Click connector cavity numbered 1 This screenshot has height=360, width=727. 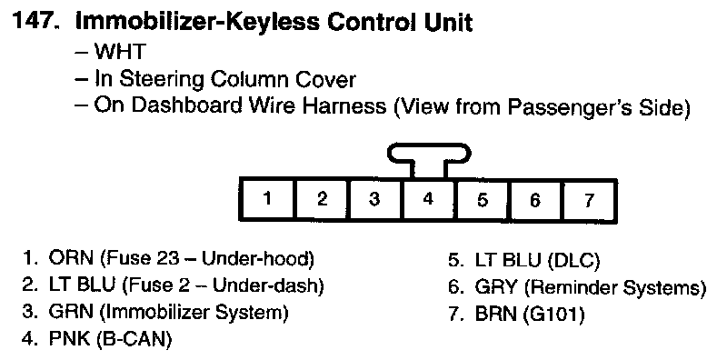[x=267, y=199]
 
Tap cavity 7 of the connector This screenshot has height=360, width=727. [x=590, y=199]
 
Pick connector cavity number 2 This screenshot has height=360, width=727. [x=323, y=199]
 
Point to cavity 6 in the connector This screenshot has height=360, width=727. [x=536, y=199]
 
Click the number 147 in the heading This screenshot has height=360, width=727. [x=39, y=21]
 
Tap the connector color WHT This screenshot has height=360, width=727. [x=120, y=51]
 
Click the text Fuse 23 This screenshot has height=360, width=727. [x=144, y=259]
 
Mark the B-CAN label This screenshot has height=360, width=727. [x=134, y=339]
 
